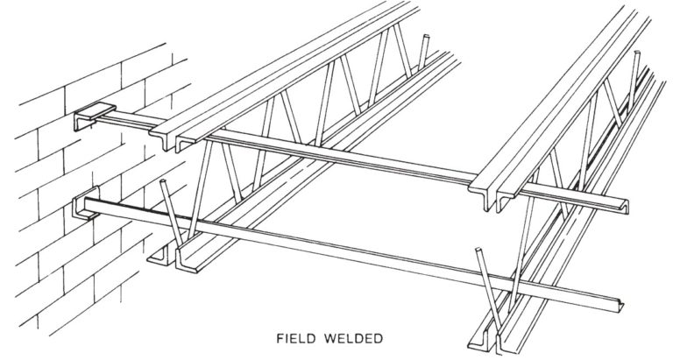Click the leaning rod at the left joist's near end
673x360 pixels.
click(174, 220)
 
